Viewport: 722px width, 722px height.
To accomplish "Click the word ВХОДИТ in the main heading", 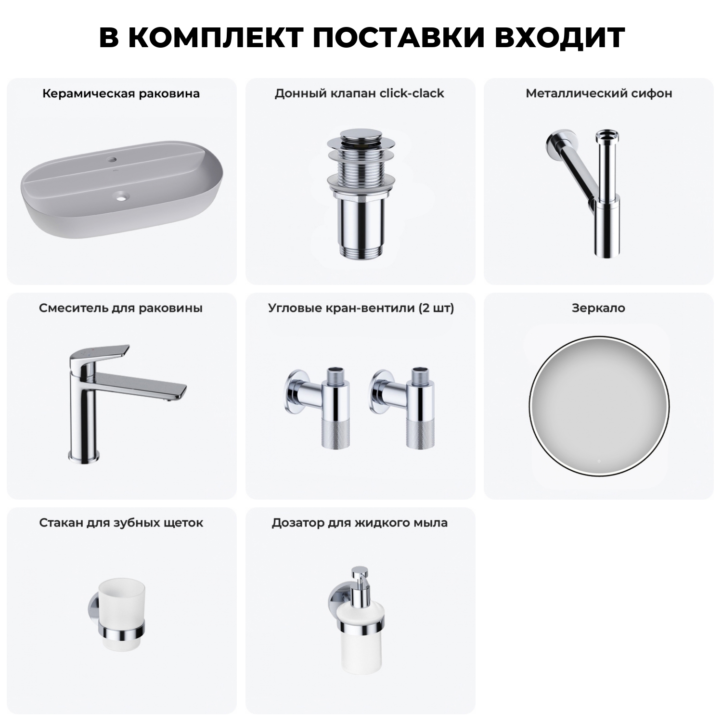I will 559,37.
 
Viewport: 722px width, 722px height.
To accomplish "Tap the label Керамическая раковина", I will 121,93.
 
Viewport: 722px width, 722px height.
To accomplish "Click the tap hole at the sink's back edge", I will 112,158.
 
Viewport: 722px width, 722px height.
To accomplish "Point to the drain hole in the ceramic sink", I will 121,195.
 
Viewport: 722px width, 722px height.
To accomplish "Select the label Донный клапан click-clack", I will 359,93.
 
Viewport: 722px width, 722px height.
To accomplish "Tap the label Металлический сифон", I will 598,93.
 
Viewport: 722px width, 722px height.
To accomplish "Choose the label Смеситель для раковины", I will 121,308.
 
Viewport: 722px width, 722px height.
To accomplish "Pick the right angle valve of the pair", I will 407,409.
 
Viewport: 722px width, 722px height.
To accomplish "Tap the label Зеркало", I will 598,308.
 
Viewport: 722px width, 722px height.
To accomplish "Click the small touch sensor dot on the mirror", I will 599,461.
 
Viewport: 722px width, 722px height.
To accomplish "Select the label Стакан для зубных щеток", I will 121,523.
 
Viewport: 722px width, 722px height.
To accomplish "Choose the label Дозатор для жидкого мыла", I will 359,523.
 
